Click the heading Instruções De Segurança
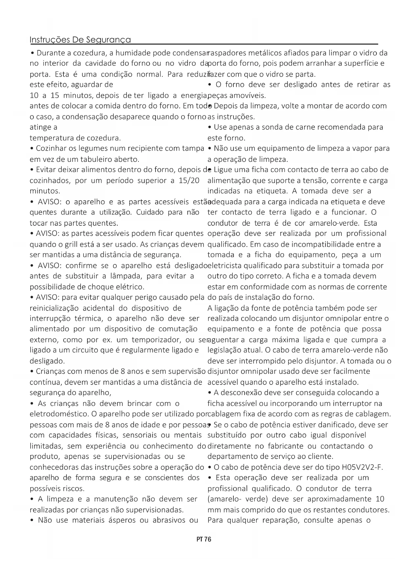(x=80, y=40)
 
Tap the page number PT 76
(x=204, y=539)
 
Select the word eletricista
(x=225, y=265)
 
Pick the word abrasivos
(x=167, y=520)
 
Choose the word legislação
(x=224, y=350)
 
